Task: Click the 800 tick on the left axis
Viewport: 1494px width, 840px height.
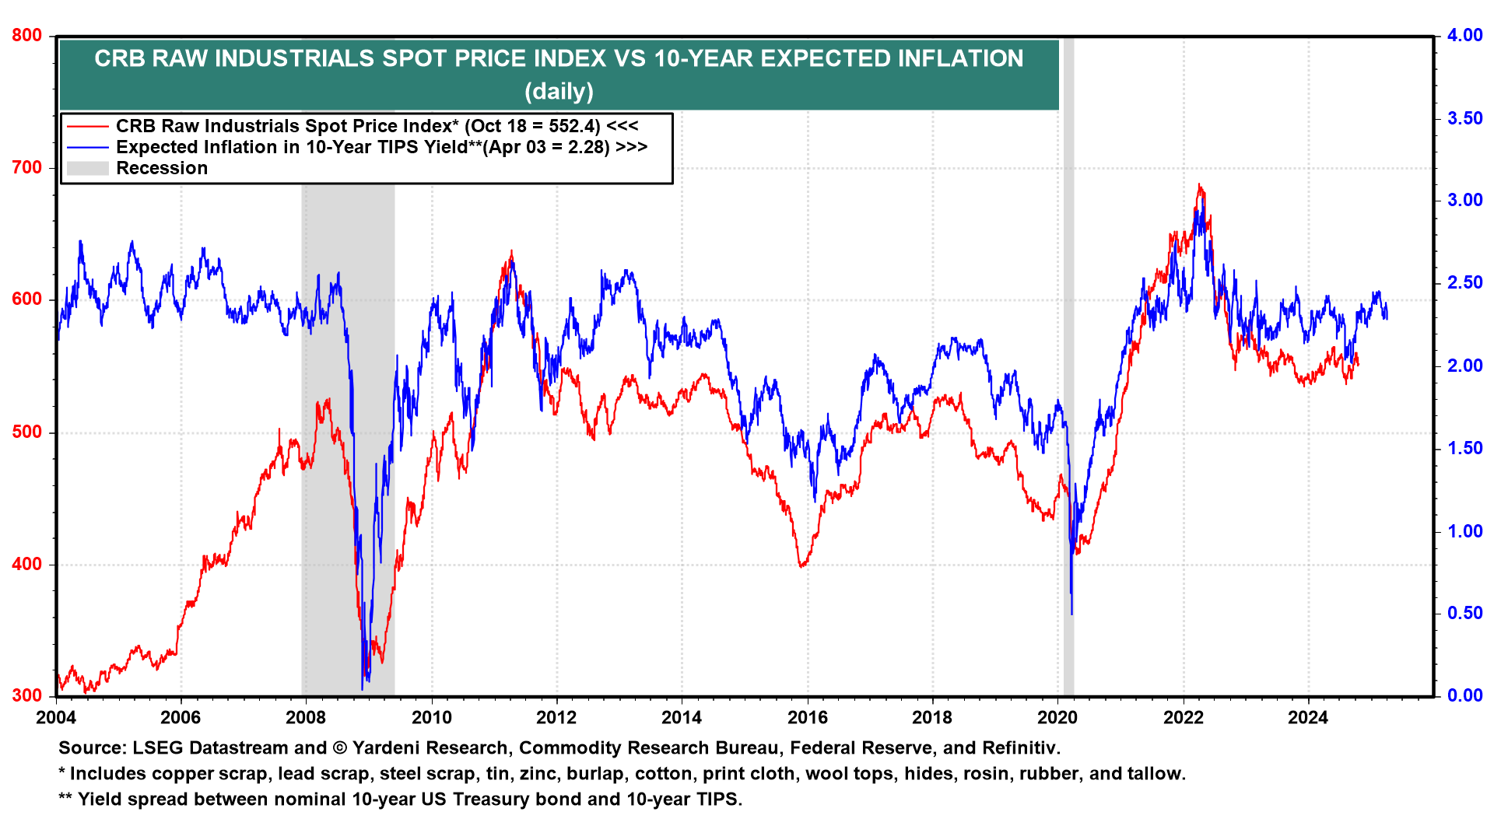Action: (x=27, y=36)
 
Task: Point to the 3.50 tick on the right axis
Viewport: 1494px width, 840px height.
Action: (x=1464, y=118)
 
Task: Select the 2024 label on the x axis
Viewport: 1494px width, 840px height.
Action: (x=1308, y=718)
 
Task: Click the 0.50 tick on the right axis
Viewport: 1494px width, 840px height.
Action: (x=1464, y=614)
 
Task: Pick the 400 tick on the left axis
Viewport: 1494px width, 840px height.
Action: (x=27, y=565)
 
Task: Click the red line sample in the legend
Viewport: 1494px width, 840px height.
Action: (x=87, y=126)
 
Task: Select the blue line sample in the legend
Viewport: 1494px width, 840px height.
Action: (x=87, y=147)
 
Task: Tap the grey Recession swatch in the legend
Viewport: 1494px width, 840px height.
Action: (x=87, y=168)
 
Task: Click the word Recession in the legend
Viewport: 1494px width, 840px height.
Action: (x=162, y=168)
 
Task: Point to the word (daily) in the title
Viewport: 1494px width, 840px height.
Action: (x=559, y=92)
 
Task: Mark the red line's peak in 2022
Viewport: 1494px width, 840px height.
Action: (x=1199, y=185)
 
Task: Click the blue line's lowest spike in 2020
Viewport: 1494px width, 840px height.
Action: (x=1071, y=614)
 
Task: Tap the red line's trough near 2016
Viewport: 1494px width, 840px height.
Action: (x=801, y=565)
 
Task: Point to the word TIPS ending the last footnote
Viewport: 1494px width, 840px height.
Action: (x=717, y=800)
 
